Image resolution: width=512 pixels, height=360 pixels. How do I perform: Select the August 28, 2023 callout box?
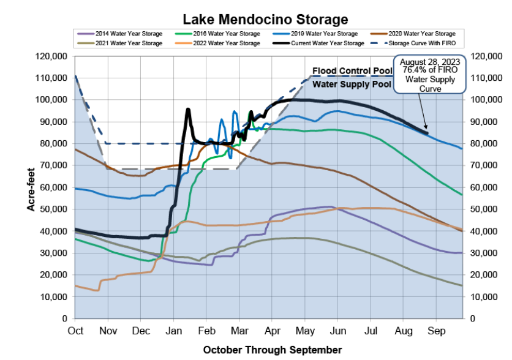pyautogui.click(x=430, y=75)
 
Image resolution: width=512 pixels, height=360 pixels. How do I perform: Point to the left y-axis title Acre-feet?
pyautogui.click(x=31, y=187)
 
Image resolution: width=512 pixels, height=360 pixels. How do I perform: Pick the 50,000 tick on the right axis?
pyautogui.click(x=489, y=209)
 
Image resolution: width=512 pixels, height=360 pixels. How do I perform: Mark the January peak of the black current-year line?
pyautogui.click(x=187, y=109)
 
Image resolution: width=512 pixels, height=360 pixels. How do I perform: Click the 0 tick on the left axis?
pyautogui.click(x=63, y=319)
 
